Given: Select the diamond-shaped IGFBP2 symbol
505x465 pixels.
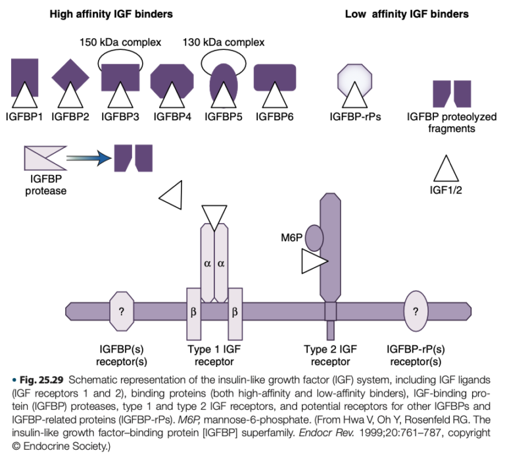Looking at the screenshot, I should click(70, 76).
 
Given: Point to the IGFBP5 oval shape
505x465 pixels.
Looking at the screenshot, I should click(223, 82).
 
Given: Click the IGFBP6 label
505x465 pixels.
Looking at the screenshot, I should click(276, 117).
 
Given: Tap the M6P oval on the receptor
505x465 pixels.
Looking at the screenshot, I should click(313, 237).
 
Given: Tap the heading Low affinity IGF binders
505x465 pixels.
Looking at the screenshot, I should click(407, 13).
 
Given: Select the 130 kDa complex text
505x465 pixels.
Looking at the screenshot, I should click(224, 43).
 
